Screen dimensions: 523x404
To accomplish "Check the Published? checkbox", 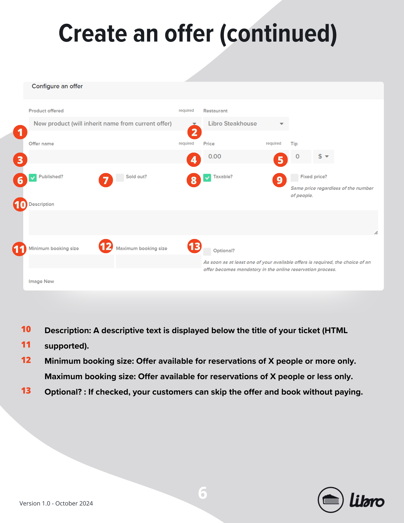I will point(33,178).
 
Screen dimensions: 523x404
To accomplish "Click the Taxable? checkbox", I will point(207,178).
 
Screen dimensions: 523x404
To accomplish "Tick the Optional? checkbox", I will point(207,252).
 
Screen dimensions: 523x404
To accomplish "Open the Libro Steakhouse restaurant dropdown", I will point(246,124).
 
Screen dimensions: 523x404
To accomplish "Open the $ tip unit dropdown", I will point(323,157).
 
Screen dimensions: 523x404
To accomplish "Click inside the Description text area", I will point(203,223).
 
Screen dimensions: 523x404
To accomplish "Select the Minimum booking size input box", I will point(71,261).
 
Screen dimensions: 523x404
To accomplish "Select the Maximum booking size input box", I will point(158,261).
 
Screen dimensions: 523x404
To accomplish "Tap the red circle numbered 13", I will point(195,246).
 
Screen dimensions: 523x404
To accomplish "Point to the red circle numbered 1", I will point(20,132).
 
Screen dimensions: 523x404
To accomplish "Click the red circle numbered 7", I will point(106,180).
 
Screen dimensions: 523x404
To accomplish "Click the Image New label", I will point(41,281).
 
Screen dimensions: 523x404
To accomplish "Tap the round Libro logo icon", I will point(331,500).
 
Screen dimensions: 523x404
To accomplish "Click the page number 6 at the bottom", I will point(203,493).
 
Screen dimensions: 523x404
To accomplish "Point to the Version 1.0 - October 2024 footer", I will point(56,503).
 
